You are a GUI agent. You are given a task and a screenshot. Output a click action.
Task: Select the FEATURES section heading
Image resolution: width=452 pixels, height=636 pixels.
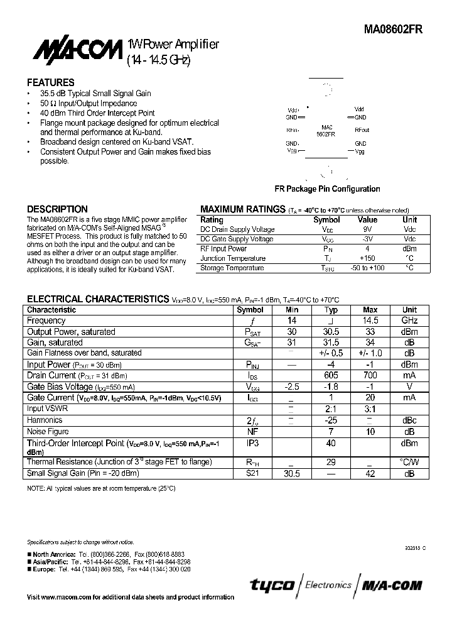[x=50, y=82]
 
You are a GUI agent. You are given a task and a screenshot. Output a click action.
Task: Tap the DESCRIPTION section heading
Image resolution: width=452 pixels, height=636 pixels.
[x=57, y=209]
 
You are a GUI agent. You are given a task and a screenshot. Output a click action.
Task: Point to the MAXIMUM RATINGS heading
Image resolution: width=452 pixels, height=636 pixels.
[x=242, y=209]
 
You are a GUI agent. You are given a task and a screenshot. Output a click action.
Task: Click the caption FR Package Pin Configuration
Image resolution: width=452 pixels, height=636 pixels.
[x=327, y=189]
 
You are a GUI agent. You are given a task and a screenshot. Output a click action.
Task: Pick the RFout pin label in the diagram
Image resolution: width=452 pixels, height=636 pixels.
[x=362, y=129]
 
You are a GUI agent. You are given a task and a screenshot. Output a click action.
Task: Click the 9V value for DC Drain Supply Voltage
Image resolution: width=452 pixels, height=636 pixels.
[x=367, y=229]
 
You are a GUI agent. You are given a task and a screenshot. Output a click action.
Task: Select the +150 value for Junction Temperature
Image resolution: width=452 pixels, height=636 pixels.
[x=367, y=258]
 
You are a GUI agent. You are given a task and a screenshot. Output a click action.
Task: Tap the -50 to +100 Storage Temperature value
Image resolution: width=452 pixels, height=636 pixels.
[x=367, y=268]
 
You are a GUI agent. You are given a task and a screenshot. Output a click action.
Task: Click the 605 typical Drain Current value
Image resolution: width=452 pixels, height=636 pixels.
[x=331, y=375]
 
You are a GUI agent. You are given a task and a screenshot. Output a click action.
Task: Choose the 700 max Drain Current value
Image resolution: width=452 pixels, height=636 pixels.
[x=370, y=375]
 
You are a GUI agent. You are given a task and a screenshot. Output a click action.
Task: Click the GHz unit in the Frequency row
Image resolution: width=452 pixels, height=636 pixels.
[x=409, y=321]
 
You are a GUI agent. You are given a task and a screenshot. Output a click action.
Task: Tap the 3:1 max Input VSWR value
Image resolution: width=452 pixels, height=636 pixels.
[x=370, y=408]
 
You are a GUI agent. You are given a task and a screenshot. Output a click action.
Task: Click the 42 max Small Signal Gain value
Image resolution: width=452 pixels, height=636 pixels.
[x=370, y=474]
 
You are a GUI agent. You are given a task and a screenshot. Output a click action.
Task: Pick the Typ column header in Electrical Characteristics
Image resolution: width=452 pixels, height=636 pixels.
[x=331, y=310]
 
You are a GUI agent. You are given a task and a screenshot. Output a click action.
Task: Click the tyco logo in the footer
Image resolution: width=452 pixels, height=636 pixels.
[x=272, y=585]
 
